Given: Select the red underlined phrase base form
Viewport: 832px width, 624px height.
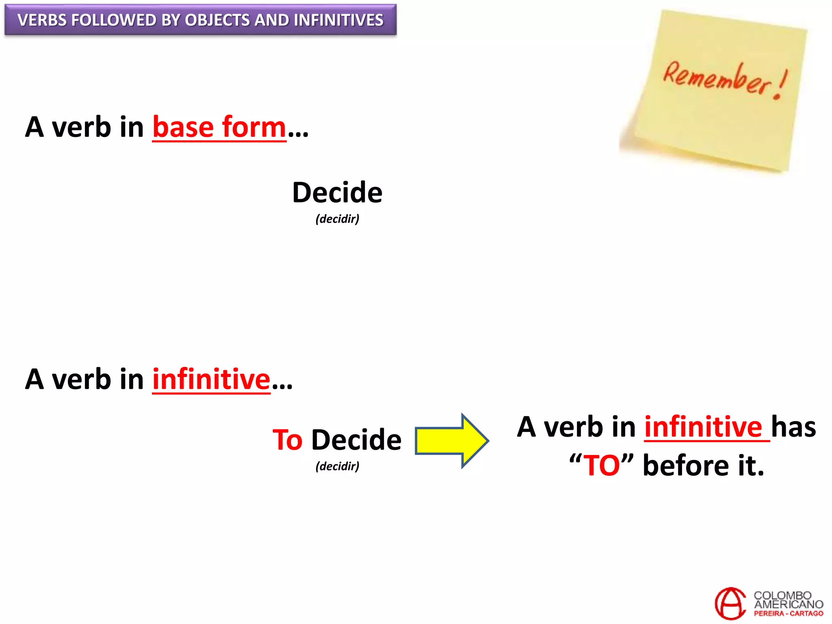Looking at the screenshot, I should coord(219,128).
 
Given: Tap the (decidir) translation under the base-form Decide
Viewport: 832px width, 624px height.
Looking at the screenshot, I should coord(337,219).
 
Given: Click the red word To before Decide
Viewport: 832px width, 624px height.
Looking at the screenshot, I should coord(288,440).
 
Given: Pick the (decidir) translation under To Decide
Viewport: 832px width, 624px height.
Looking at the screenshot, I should coord(337,466).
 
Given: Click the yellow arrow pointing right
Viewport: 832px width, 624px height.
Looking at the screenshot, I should coord(451,441).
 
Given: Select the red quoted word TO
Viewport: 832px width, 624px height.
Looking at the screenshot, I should coord(602,466).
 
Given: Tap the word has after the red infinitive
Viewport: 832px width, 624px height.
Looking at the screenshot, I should coord(793,427).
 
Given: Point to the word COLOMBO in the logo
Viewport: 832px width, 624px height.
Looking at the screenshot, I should coord(782,595).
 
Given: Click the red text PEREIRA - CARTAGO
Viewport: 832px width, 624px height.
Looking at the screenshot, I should coord(788,614).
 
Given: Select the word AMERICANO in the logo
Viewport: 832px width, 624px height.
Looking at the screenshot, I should coord(788,604).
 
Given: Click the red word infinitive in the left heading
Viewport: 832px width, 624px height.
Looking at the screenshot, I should coord(211,379).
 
